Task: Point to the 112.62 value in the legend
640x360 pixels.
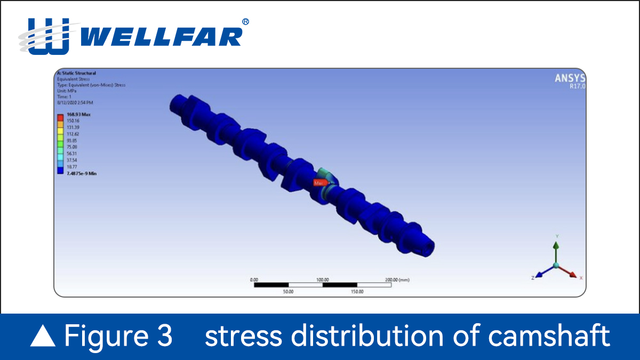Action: point(73,134)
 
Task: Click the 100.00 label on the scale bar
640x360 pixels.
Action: point(322,279)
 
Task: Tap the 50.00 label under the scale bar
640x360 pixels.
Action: point(288,292)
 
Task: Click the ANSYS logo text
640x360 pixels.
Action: point(570,78)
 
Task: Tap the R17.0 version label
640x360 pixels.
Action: point(578,86)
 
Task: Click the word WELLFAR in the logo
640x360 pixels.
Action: point(163,37)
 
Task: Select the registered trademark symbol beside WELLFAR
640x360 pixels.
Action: point(245,22)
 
